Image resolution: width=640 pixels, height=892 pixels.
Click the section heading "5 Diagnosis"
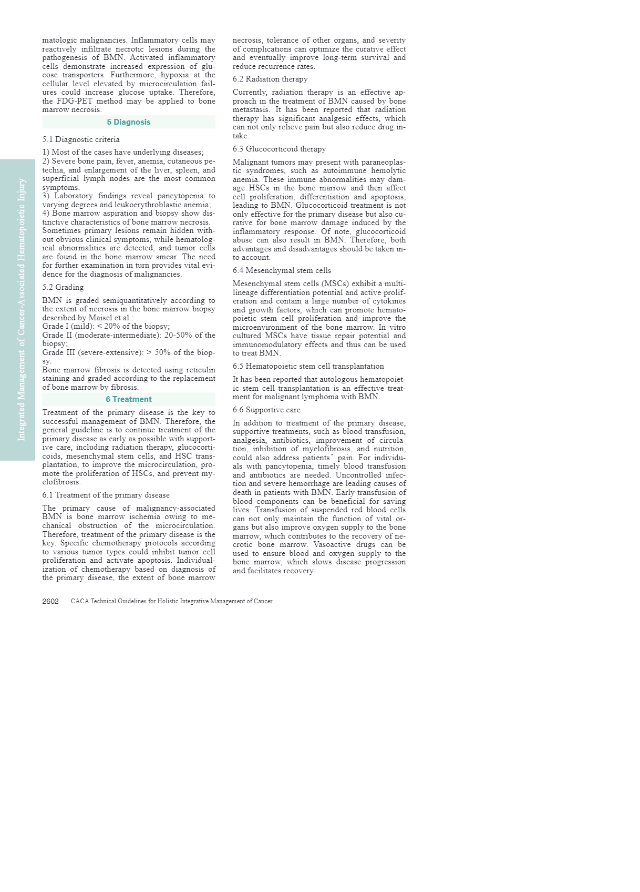click(129, 122)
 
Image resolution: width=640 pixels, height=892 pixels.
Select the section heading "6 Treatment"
click(129, 399)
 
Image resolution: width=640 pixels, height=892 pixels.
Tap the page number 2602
click(50, 601)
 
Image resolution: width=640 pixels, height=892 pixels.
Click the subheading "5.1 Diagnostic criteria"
click(81, 139)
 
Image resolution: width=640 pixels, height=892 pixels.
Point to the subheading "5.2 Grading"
click(63, 287)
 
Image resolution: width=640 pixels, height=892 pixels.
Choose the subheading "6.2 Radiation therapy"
click(270, 79)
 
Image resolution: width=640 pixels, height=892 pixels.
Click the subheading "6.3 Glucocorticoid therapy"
click(279, 149)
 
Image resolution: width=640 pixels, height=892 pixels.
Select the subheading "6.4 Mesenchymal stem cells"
click(282, 270)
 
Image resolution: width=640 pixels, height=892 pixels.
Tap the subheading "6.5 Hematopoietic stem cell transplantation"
click(308, 366)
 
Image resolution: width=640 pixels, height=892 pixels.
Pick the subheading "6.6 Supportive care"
click(266, 410)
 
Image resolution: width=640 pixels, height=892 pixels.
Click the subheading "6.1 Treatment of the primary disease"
click(106, 495)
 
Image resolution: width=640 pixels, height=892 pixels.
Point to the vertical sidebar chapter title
click(22, 310)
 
